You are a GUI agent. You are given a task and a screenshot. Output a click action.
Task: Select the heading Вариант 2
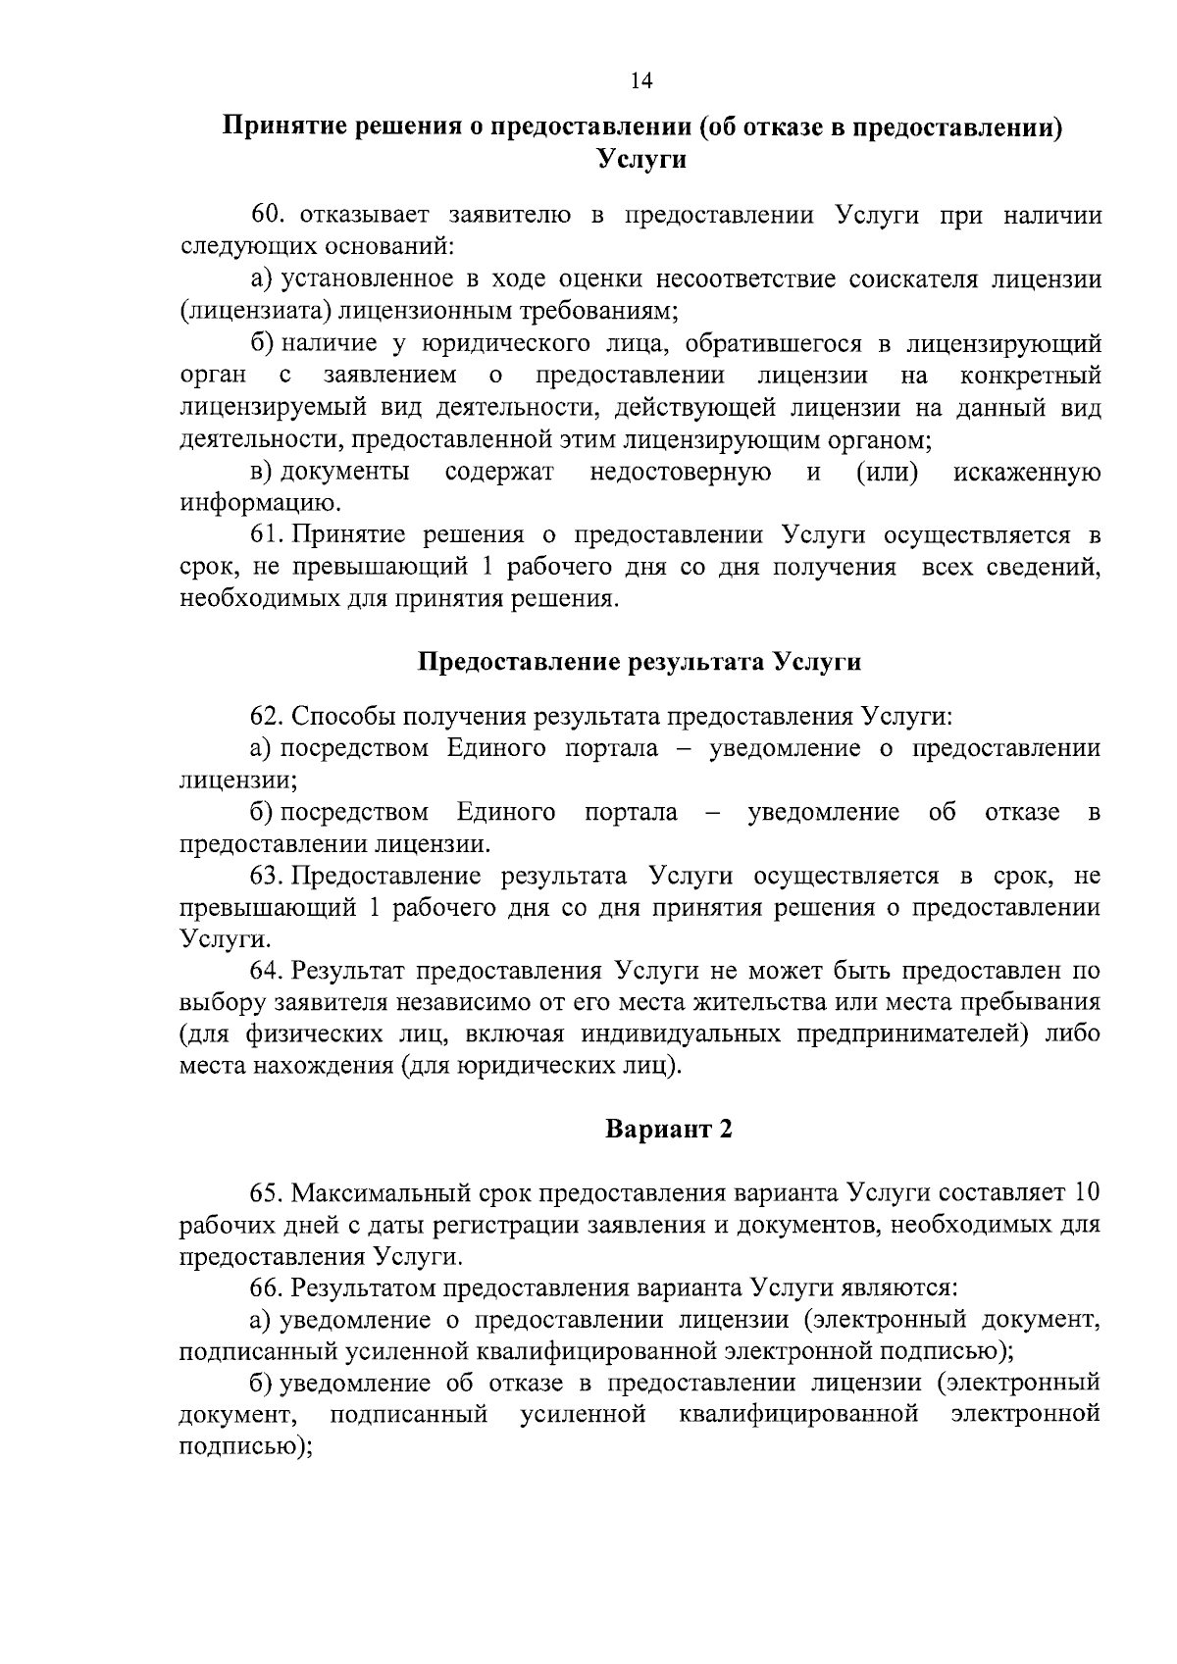pos(668,1130)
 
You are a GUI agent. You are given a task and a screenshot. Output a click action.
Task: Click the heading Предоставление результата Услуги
pos(640,662)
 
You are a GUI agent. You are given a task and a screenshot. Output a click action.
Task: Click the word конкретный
pos(1031,376)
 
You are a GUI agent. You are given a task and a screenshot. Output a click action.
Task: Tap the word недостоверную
pos(680,473)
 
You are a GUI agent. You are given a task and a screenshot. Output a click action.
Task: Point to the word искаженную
pos(1027,473)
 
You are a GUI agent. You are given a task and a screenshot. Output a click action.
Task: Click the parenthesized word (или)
pos(887,473)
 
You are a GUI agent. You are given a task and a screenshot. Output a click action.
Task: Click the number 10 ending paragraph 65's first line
pos(1087,1193)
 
